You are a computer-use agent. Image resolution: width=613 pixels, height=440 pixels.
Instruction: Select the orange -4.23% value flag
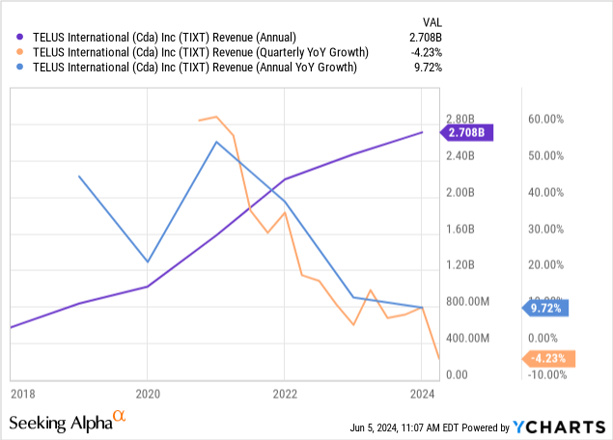[551, 359]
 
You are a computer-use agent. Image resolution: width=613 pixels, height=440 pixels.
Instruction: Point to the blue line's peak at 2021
[216, 142]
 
